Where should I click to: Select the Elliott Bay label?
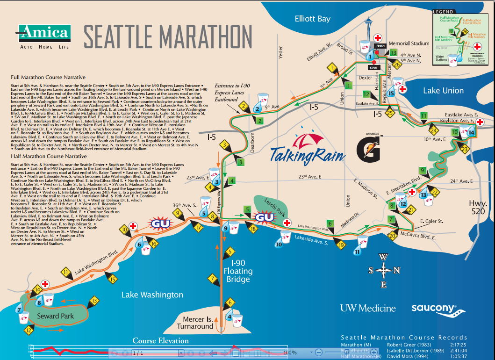tap(312, 19)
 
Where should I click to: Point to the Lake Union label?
tap(443, 91)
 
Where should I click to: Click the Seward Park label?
tap(55, 316)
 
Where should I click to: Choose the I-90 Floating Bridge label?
tap(237, 271)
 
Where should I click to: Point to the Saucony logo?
tap(438, 309)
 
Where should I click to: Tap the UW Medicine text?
tap(367, 308)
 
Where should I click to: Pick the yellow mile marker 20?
tap(392, 236)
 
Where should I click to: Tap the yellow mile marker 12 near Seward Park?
tap(29, 331)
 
